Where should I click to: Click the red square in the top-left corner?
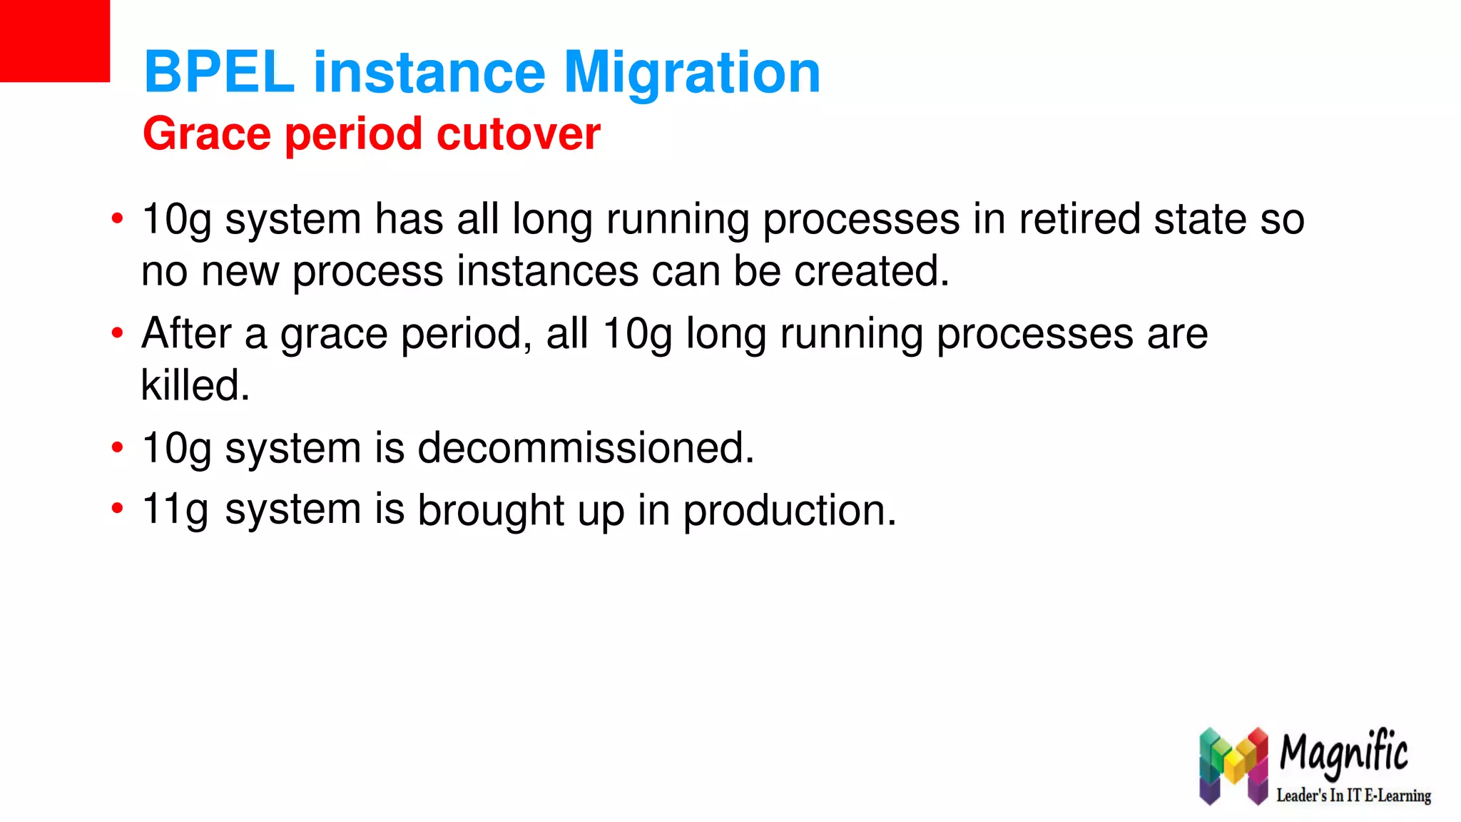tap(54, 41)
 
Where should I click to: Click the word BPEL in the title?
tap(219, 72)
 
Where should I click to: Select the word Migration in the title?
tap(692, 72)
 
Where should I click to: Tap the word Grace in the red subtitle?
tap(207, 133)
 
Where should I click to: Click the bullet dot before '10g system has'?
tap(118, 218)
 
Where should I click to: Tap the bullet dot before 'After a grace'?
tap(118, 333)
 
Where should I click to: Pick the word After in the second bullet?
tap(186, 333)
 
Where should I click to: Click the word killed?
tap(195, 385)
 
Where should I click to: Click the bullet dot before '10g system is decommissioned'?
tap(118, 448)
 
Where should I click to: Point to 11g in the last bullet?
tap(175, 509)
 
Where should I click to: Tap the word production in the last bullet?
tap(789, 511)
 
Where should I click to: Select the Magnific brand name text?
tap(1343, 753)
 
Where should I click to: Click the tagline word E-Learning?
tap(1398, 795)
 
